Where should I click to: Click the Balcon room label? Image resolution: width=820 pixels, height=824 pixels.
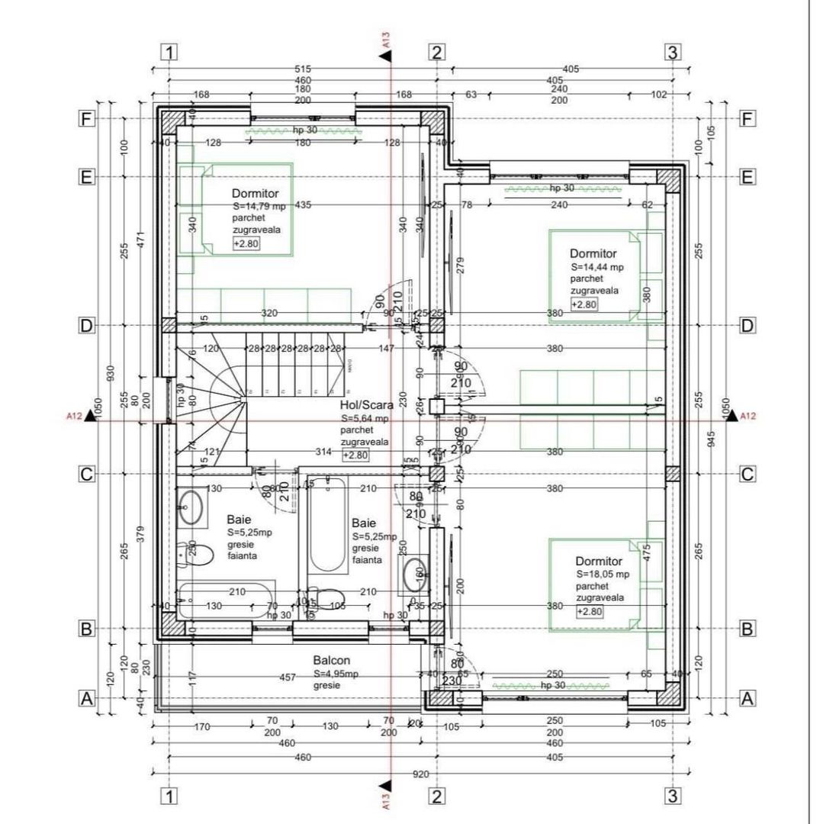(331, 660)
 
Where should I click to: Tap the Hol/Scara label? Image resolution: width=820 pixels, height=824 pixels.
(366, 405)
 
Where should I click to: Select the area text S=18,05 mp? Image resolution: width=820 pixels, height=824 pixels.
(603, 574)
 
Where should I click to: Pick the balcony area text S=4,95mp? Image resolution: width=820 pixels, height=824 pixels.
(336, 674)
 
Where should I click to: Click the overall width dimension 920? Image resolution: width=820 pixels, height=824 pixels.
(420, 774)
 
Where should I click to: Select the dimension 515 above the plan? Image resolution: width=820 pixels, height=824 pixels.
(303, 69)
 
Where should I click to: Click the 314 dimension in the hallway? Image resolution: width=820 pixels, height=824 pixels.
(323, 452)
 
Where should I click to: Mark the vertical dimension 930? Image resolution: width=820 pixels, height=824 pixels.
(111, 372)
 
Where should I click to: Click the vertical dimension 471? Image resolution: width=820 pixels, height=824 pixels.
(139, 239)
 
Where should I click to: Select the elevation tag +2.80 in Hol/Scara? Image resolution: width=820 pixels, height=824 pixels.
(355, 455)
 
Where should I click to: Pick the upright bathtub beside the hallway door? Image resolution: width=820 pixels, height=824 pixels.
(327, 525)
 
